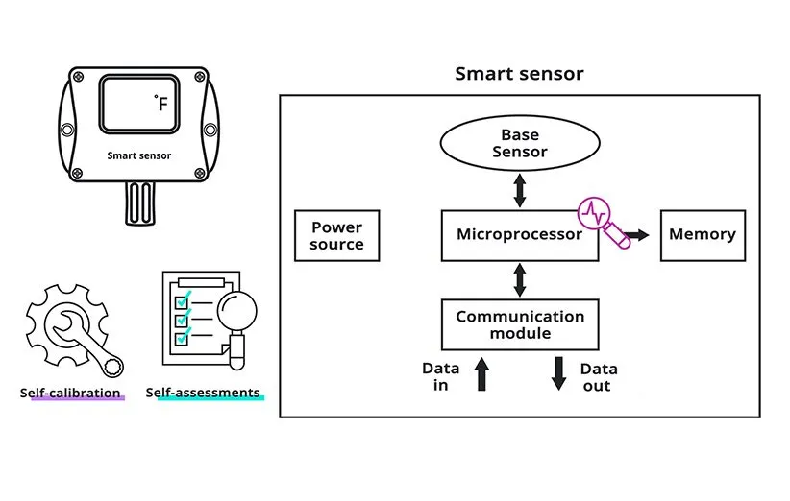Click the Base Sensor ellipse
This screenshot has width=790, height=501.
520,144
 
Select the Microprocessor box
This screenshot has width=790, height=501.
520,235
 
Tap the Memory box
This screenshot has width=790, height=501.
702,235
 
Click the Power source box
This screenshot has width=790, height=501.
336,236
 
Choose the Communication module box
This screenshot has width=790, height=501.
519,324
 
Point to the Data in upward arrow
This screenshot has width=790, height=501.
481,373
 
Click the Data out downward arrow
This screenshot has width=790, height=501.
559,373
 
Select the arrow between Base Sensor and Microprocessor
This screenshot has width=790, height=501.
520,190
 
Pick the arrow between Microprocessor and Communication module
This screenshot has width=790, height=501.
520,279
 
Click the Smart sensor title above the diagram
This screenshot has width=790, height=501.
519,74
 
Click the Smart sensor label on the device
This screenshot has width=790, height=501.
139,155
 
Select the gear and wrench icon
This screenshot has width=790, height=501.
72,327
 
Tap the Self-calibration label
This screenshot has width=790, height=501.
71,393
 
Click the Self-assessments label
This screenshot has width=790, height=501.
203,393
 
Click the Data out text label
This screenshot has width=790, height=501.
599,377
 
